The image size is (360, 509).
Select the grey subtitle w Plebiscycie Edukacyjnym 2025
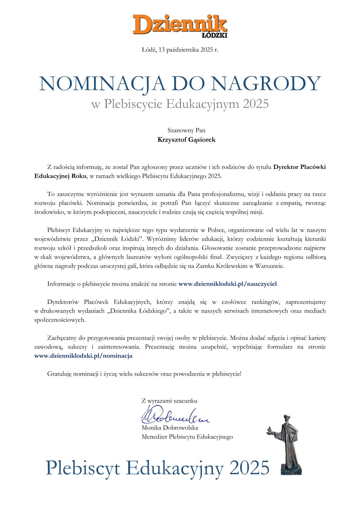tap(180, 104)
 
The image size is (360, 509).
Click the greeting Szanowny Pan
tap(186, 130)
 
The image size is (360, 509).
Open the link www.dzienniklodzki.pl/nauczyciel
tap(228, 284)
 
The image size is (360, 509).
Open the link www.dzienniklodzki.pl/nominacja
tap(83, 356)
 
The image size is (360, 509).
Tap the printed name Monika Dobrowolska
tap(170, 428)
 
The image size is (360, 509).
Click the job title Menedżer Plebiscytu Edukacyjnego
tap(187, 437)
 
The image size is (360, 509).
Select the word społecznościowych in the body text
tap(60, 320)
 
